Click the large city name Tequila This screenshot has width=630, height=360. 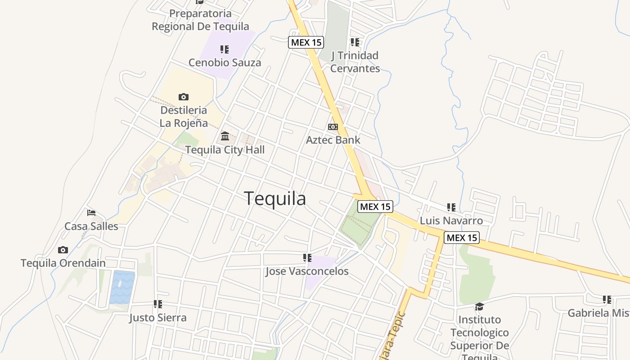point(275,198)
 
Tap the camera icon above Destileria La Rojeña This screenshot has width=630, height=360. point(183,97)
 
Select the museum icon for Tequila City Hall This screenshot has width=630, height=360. point(225,136)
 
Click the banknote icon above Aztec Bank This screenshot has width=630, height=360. point(333,127)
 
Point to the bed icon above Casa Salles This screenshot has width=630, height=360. point(91,212)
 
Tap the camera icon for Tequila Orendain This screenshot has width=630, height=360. point(63,250)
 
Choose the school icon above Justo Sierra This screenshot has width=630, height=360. point(157,304)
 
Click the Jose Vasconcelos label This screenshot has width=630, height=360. point(307,271)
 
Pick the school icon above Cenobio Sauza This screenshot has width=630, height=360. point(225,49)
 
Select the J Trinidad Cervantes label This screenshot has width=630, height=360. point(355,62)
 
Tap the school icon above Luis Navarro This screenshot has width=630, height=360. point(451,207)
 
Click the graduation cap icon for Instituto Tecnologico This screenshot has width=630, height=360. point(479,306)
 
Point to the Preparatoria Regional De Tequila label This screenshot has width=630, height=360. point(200,20)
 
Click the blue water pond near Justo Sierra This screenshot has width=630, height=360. point(122,287)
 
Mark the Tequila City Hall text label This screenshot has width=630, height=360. point(225,150)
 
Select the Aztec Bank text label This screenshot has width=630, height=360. point(333,140)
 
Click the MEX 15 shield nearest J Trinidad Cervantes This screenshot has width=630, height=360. point(306,42)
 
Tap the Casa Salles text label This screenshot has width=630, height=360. point(91,226)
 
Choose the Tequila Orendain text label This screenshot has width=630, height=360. point(63,263)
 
